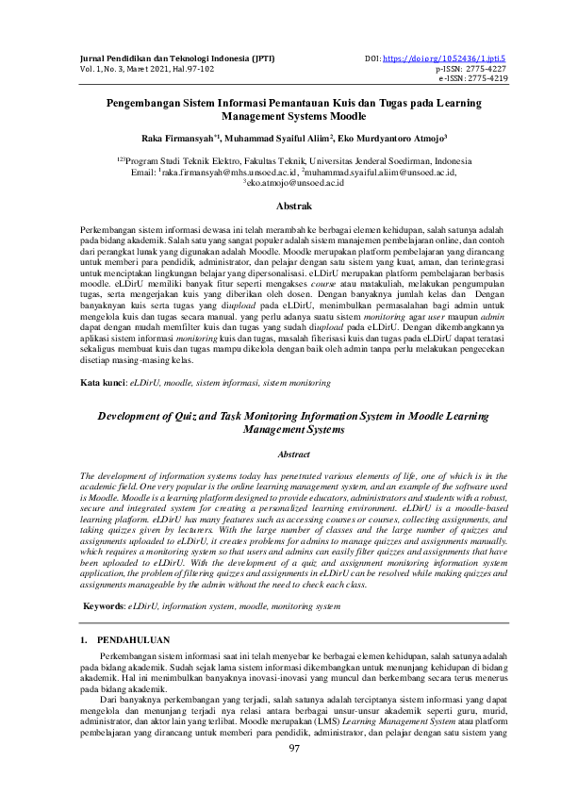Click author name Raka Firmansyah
180,136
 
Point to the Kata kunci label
102,385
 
